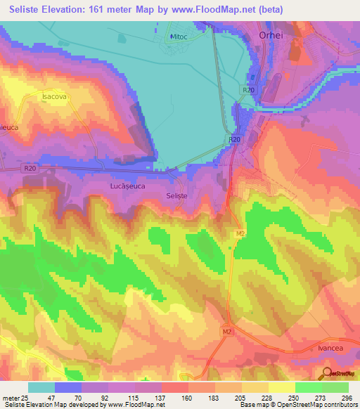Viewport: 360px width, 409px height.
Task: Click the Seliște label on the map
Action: (x=178, y=195)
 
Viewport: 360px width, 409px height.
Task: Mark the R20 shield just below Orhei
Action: (x=247, y=90)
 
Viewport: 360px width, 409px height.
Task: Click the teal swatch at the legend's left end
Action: (x=41, y=387)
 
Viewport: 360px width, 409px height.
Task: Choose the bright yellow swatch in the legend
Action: (x=282, y=387)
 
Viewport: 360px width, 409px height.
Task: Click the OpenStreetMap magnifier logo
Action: (x=326, y=373)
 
